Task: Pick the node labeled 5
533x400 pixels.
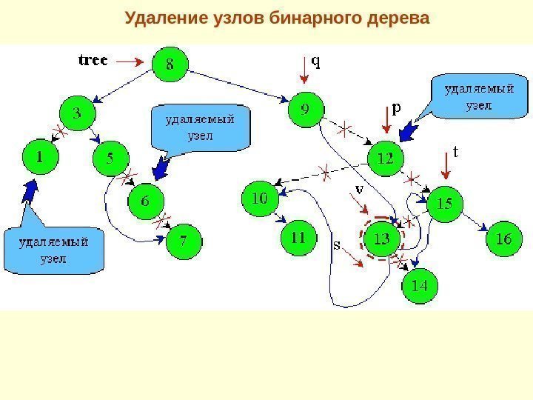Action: point(110,157)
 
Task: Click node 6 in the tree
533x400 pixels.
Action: point(145,200)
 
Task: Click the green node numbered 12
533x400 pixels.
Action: point(386,158)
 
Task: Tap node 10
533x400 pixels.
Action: point(260,199)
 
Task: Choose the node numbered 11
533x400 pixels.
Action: point(298,239)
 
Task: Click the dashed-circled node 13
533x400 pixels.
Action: point(381,239)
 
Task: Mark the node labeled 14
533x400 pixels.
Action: point(419,284)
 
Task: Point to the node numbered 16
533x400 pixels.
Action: point(503,239)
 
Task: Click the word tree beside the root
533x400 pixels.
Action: point(93,60)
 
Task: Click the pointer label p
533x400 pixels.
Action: point(396,108)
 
